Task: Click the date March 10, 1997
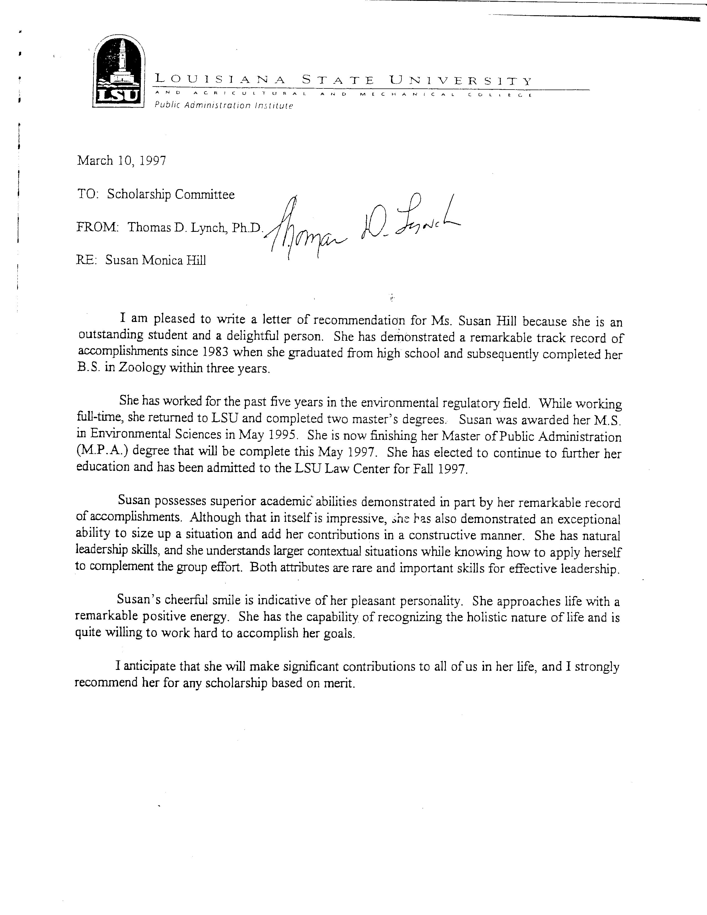[x=121, y=161]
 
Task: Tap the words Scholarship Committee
[x=171, y=194]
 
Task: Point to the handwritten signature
[x=360, y=228]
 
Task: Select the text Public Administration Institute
[x=224, y=106]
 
